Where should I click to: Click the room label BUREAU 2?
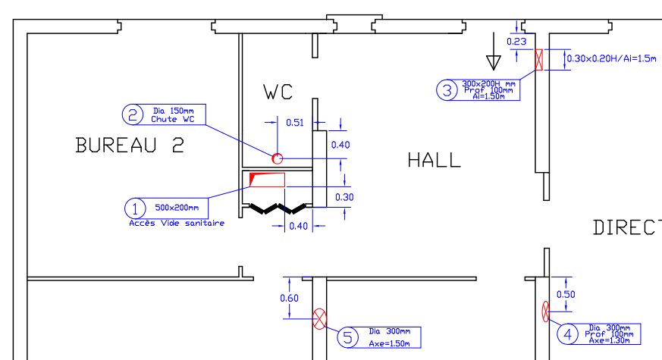130,145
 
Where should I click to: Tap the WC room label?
278,92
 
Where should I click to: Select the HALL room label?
434,160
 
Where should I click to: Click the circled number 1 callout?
135,208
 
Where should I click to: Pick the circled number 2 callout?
133,114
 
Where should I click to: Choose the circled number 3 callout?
447,90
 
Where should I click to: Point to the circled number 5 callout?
347,337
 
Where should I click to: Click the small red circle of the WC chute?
278,158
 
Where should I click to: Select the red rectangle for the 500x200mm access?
268,180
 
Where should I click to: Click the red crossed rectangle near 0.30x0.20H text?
539,60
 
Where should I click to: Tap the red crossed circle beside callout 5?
320,319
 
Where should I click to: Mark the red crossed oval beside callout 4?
546,311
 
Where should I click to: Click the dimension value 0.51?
294,121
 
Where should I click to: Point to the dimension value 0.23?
516,41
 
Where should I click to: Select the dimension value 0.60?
289,298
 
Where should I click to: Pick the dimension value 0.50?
566,294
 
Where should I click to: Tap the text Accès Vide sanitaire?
177,223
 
